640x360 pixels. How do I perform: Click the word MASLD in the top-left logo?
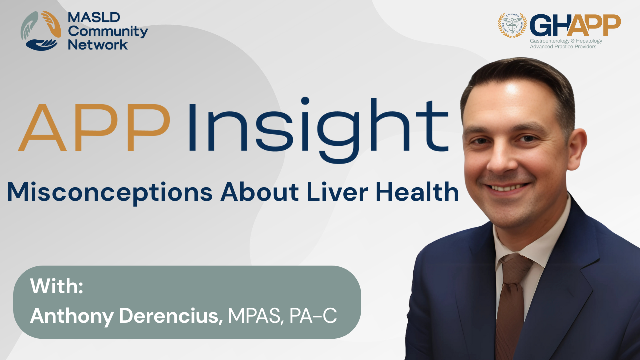pos(94,17)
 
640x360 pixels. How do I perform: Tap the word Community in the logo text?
pos(108,32)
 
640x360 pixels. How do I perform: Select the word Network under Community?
pos(97,45)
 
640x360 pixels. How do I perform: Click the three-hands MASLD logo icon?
pos(41,31)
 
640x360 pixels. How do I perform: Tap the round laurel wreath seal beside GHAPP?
pos(512,25)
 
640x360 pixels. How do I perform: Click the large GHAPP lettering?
pos(575,25)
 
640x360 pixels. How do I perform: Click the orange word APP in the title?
pos(94,127)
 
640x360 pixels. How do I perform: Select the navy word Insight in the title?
pos(318,130)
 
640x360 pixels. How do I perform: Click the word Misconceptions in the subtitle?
pos(110,193)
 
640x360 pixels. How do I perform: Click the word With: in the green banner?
pos(57,286)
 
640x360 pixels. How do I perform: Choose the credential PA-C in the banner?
pos(313,316)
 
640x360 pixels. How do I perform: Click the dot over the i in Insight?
pos(305,101)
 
